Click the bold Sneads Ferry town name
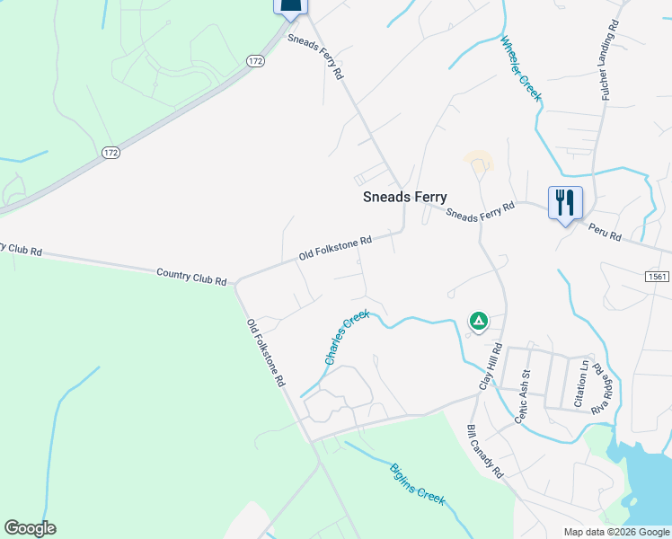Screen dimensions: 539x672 [404, 198]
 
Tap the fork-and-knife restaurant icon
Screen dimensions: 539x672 [565, 203]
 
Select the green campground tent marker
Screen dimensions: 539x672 [479, 320]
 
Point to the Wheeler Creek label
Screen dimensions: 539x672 [520, 68]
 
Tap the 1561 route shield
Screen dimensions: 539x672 [657, 277]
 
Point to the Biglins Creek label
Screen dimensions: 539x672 [417, 484]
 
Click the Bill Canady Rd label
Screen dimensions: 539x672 [485, 452]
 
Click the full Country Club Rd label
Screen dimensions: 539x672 [191, 276]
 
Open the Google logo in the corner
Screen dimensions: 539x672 [30, 528]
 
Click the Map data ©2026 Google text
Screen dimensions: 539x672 [617, 532]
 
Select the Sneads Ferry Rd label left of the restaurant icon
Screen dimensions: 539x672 [480, 212]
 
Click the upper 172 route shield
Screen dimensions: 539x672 [255, 61]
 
